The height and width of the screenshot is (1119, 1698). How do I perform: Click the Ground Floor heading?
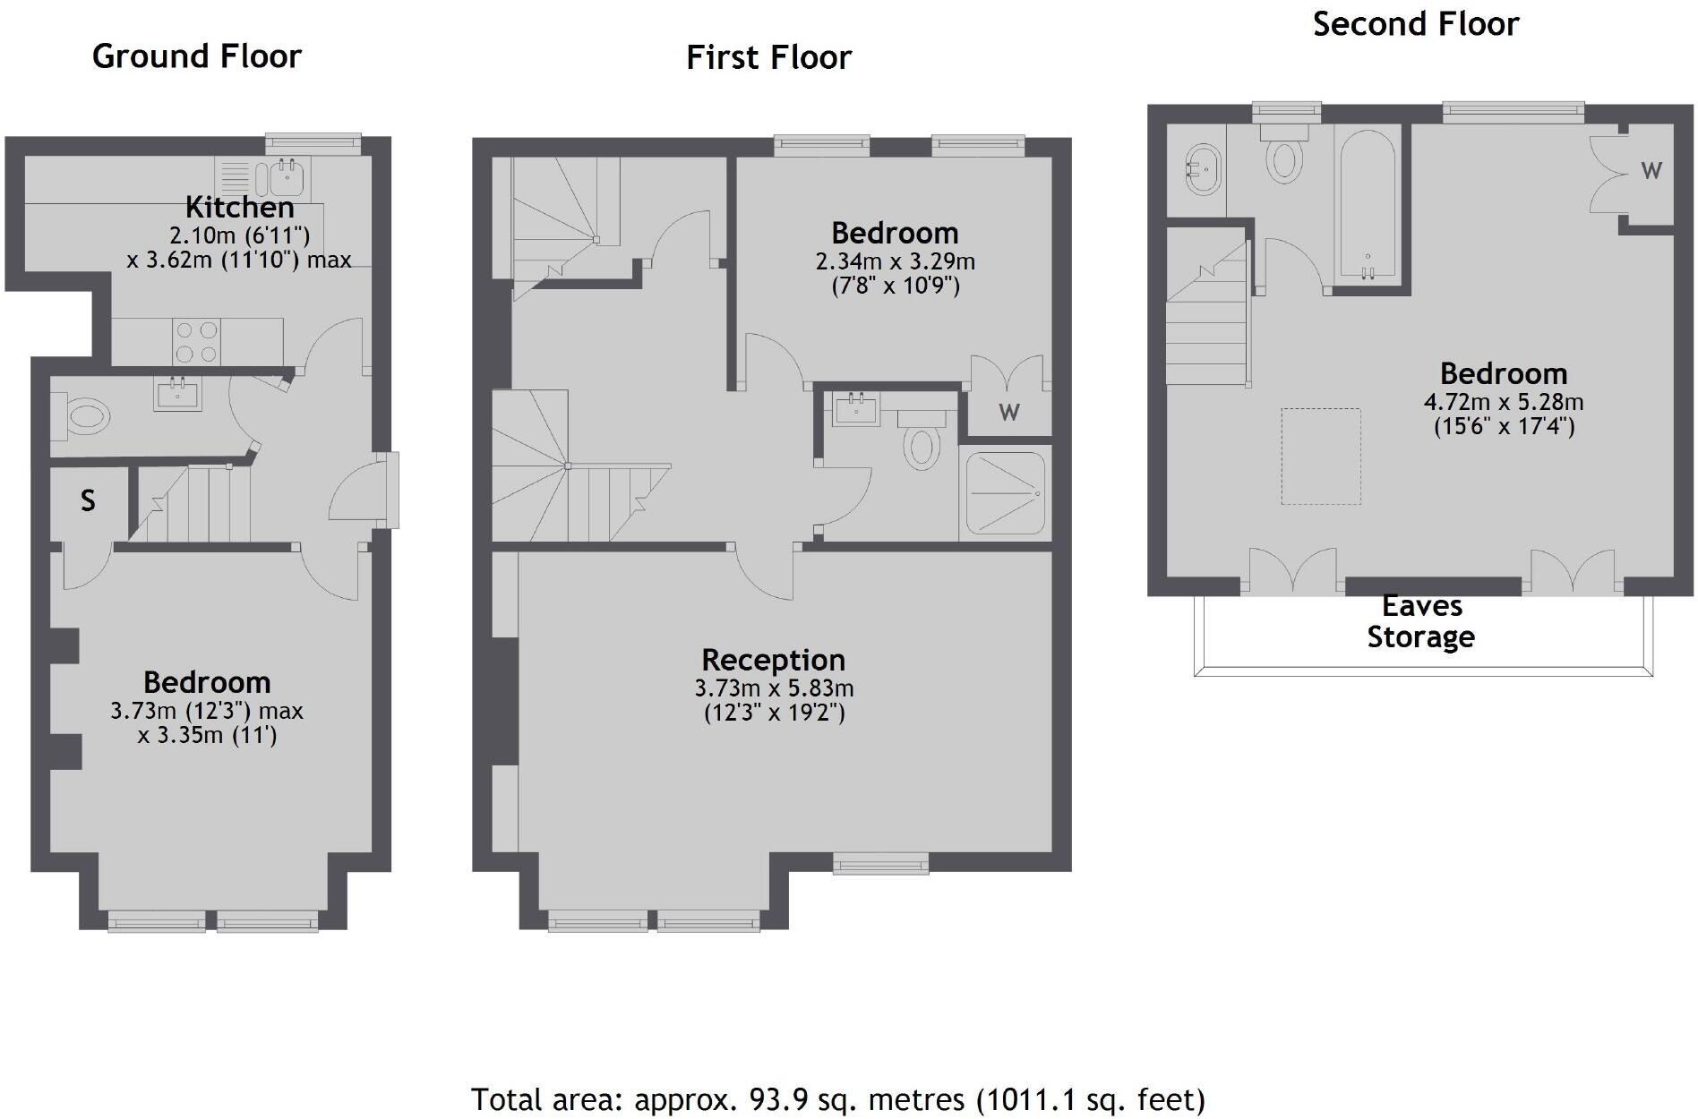(197, 56)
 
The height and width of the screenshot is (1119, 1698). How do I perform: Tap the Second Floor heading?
(1415, 24)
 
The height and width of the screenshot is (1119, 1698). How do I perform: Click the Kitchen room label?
(239, 207)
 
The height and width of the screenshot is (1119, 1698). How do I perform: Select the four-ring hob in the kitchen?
(197, 341)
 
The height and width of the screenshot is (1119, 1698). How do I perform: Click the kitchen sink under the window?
(287, 177)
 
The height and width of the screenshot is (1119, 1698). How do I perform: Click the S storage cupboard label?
(88, 500)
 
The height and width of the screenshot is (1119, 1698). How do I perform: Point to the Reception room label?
(773, 660)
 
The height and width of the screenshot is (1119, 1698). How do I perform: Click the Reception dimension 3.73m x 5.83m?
(774, 688)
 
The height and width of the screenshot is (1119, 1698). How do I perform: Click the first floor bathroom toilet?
(921, 445)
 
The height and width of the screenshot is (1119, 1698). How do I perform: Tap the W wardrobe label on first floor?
(1009, 412)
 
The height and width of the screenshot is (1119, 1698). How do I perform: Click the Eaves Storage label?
(1421, 621)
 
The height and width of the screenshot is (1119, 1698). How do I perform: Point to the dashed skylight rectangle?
(1320, 457)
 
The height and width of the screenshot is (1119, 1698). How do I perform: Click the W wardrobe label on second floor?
(1651, 170)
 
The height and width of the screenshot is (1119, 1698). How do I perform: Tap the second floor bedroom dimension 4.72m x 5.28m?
(1504, 402)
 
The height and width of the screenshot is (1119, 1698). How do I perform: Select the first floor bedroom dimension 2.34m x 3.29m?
(895, 261)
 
